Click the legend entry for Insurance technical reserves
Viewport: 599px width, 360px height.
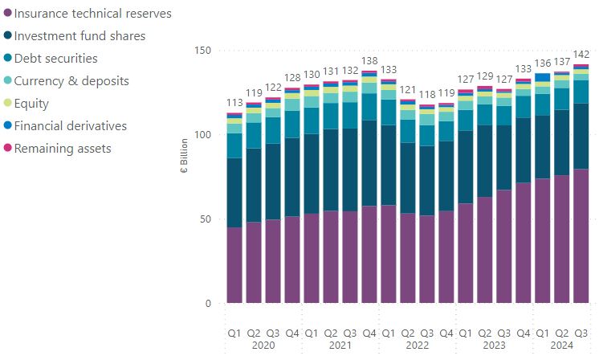[x=93, y=14]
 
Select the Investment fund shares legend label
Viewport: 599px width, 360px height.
[x=91, y=36]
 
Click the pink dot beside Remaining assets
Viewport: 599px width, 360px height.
[x=8, y=149]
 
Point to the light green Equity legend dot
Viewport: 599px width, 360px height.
[x=8, y=104]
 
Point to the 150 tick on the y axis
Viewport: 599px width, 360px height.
[x=202, y=51]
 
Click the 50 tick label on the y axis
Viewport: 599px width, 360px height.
[x=204, y=219]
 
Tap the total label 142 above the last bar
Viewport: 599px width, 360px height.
[x=581, y=55]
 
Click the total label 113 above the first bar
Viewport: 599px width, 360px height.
[x=234, y=103]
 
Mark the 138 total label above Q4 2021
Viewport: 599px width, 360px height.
[x=369, y=61]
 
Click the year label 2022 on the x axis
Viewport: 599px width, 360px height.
[x=418, y=346]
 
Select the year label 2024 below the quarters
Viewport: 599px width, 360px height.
[x=562, y=346]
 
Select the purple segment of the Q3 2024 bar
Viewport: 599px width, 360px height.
[x=581, y=236]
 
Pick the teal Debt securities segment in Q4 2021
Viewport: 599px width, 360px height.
[x=369, y=107]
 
